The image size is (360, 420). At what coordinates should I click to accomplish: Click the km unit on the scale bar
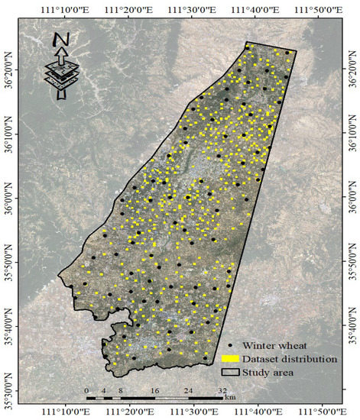tap(230, 398)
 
